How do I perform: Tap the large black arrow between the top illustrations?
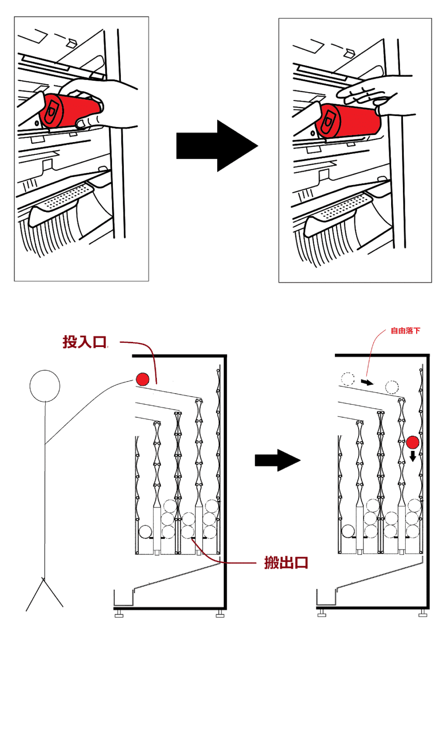pyautogui.click(x=217, y=146)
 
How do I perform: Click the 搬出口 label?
pyautogui.click(x=286, y=563)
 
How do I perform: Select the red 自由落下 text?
pyautogui.click(x=405, y=330)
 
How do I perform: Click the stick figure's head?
pyautogui.click(x=45, y=386)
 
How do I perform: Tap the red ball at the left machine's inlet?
pyautogui.click(x=143, y=379)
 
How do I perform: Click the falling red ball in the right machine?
pyautogui.click(x=413, y=442)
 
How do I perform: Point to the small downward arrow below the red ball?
pyautogui.click(x=413, y=456)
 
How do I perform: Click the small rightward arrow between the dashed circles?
pyautogui.click(x=367, y=382)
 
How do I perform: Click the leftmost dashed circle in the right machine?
pyautogui.click(x=348, y=379)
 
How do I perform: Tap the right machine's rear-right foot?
pyautogui.click(x=423, y=613)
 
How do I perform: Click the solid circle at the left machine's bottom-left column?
pyautogui.click(x=145, y=532)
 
